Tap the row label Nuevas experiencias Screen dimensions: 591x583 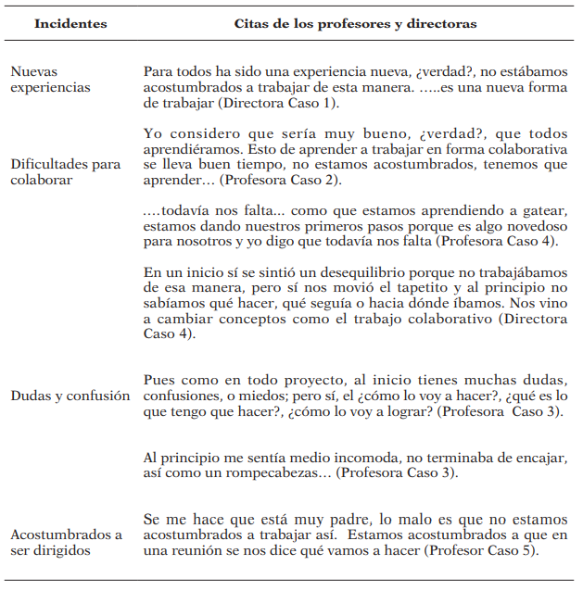(51, 80)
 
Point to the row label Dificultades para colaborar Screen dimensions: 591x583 (66, 172)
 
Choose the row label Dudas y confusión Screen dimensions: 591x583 (70, 396)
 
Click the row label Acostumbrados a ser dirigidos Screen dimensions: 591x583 (66, 544)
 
